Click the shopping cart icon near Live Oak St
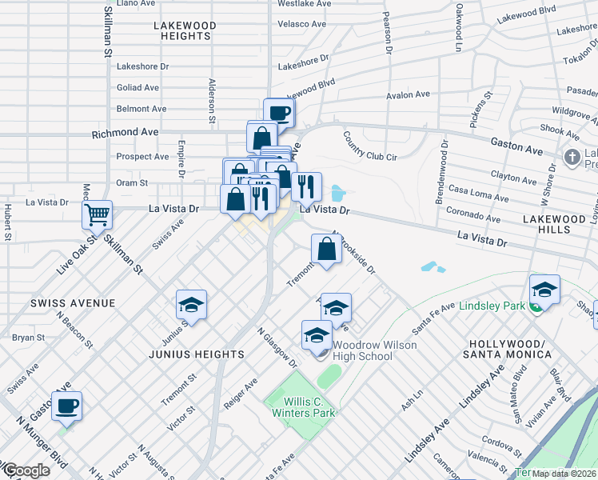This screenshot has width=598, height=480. point(96,214)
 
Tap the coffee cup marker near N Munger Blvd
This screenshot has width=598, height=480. point(66,405)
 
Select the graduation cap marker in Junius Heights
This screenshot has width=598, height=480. point(191,305)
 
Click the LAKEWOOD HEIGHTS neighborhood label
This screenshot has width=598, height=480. point(185,31)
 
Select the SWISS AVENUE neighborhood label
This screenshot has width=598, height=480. point(62,303)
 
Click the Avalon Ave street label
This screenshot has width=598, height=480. point(408,95)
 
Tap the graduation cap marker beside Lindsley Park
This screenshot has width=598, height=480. point(544,290)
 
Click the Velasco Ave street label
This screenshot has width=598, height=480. point(301,24)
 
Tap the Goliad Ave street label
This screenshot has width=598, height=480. point(138,87)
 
